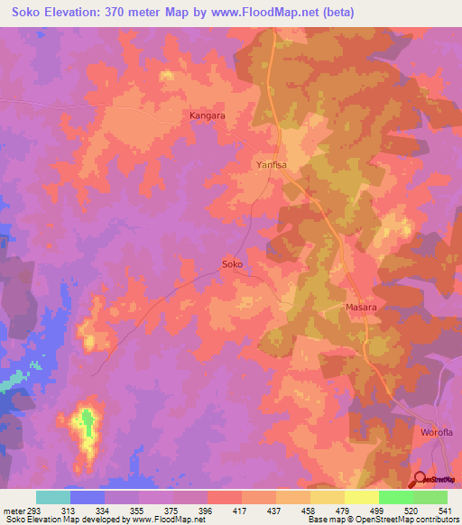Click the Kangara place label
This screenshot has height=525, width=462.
coord(207,116)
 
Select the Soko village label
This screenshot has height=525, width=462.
coord(232,265)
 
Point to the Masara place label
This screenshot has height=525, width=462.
coord(361,308)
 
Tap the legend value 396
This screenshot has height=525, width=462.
coord(208,510)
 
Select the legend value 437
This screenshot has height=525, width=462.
coord(275,510)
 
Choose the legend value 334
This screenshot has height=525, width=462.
coord(106,510)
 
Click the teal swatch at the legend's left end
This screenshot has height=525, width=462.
coord(52,497)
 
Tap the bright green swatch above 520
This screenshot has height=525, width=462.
coord(395,497)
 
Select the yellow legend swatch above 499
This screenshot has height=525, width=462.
coord(361,497)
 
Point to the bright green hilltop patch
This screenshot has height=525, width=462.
coord(88,421)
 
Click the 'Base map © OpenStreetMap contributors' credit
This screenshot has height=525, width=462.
coord(383,520)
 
